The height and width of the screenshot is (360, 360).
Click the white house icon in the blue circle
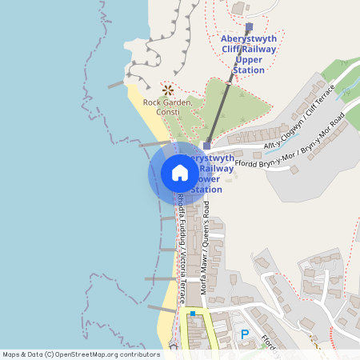(x=180, y=173)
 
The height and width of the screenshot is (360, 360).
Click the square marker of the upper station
(x=249, y=26)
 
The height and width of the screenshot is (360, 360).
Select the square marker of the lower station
(x=207, y=146)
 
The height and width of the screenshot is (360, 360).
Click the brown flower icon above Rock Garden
(x=168, y=90)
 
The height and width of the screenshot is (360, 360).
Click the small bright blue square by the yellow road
(x=192, y=314)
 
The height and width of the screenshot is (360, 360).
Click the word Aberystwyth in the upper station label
(x=248, y=38)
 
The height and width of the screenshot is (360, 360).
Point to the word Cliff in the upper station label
(x=232, y=49)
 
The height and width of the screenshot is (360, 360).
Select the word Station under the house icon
(x=207, y=190)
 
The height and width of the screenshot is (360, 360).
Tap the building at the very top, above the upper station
(x=241, y=6)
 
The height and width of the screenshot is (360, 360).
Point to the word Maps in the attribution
(x=12, y=354)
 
